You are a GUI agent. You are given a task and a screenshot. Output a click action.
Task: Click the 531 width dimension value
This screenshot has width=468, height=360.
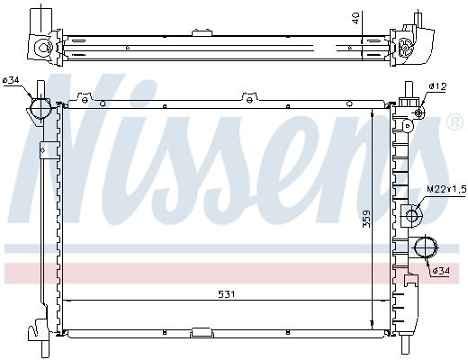point(227,294)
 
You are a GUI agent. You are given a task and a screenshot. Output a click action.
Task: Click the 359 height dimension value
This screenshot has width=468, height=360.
point(366,219)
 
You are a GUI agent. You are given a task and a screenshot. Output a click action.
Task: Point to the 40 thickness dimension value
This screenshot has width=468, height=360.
point(356,18)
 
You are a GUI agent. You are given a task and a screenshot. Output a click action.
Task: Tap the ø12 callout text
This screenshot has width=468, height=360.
point(437,86)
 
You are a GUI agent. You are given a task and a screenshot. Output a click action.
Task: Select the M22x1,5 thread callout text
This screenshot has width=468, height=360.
point(446,189)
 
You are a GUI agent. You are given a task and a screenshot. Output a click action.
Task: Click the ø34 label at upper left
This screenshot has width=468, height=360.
point(11,80)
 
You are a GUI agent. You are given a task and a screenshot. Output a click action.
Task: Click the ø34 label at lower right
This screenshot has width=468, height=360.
point(441,271)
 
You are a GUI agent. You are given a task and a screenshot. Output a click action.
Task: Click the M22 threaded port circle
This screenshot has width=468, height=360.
point(411,215)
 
